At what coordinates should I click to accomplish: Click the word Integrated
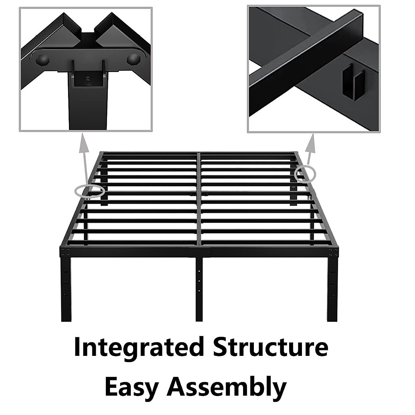tap(138, 348)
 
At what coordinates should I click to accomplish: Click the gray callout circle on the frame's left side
tap(90, 191)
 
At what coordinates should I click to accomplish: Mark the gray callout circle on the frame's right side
tap(305, 173)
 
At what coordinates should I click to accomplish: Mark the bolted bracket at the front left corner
tap(65, 251)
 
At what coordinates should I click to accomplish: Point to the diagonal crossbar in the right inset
tap(304, 59)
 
